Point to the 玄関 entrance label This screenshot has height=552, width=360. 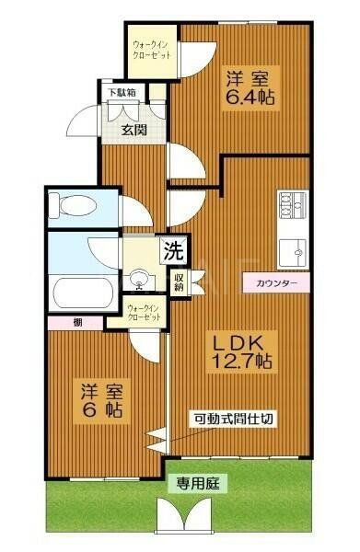coord(134,130)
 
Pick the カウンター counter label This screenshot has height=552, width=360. coord(276,283)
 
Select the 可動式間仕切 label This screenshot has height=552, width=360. coord(232,419)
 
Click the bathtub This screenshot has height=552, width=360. coord(83,292)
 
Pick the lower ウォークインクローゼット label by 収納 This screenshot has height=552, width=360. coord(144,311)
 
